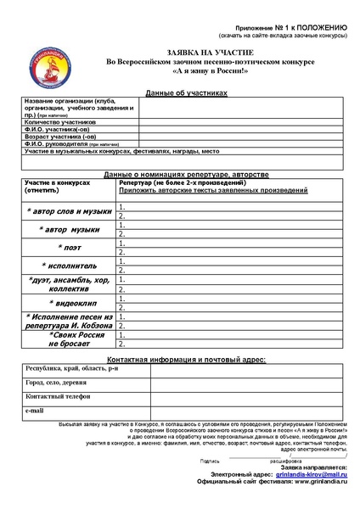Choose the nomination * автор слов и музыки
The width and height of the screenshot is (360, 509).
[70, 210]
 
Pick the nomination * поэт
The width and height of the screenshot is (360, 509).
[70, 247]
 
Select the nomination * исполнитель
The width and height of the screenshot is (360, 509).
[70, 265]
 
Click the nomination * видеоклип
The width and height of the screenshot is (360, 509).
[70, 302]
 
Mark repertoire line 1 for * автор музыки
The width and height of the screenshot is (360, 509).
[229, 225]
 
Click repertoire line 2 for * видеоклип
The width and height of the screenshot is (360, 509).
[229, 307]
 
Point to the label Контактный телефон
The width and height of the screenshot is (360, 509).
[59, 396]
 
